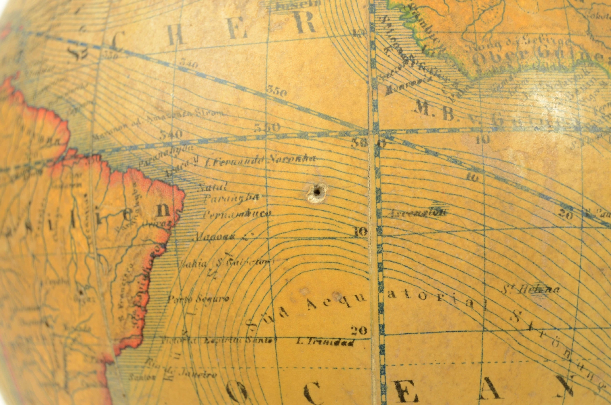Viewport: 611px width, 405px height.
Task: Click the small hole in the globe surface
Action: pos(317,192)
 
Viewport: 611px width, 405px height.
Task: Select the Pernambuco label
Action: pos(237,214)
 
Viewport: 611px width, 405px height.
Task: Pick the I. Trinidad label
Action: pos(325,342)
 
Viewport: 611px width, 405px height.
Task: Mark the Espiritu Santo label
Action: pos(240,340)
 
